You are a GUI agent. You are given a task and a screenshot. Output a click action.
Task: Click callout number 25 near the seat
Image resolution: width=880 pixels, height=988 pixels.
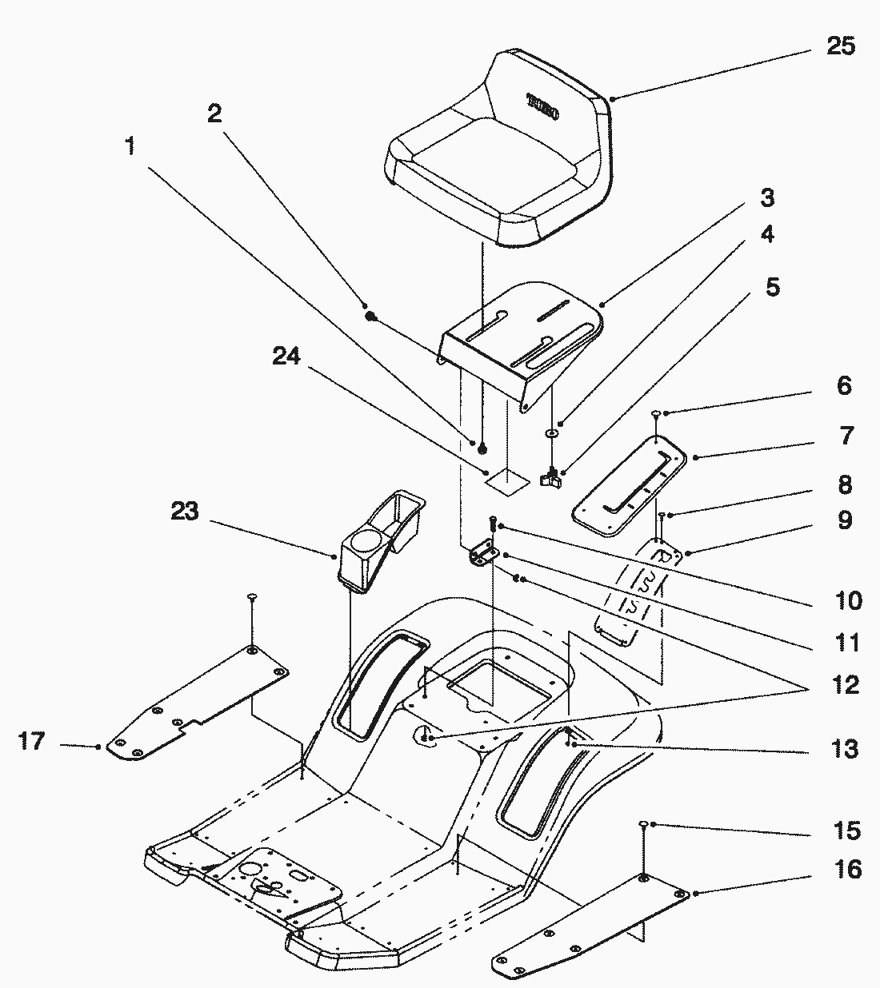[840, 46]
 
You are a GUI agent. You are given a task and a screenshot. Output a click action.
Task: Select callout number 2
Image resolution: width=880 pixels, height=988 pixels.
[214, 114]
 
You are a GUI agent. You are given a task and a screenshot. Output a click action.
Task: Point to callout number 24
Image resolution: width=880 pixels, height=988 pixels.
[286, 356]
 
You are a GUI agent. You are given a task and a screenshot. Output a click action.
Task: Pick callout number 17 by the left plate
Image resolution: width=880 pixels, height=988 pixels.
[32, 743]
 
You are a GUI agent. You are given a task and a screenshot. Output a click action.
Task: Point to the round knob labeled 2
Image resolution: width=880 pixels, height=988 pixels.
[370, 317]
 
